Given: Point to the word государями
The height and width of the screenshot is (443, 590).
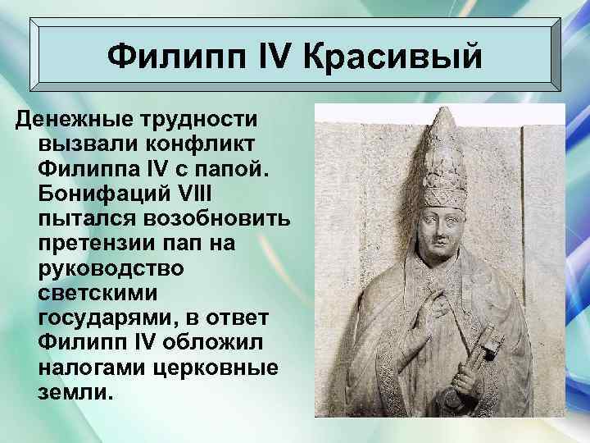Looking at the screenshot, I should (x=107, y=317).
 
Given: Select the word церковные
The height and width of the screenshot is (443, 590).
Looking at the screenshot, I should (x=215, y=368).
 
